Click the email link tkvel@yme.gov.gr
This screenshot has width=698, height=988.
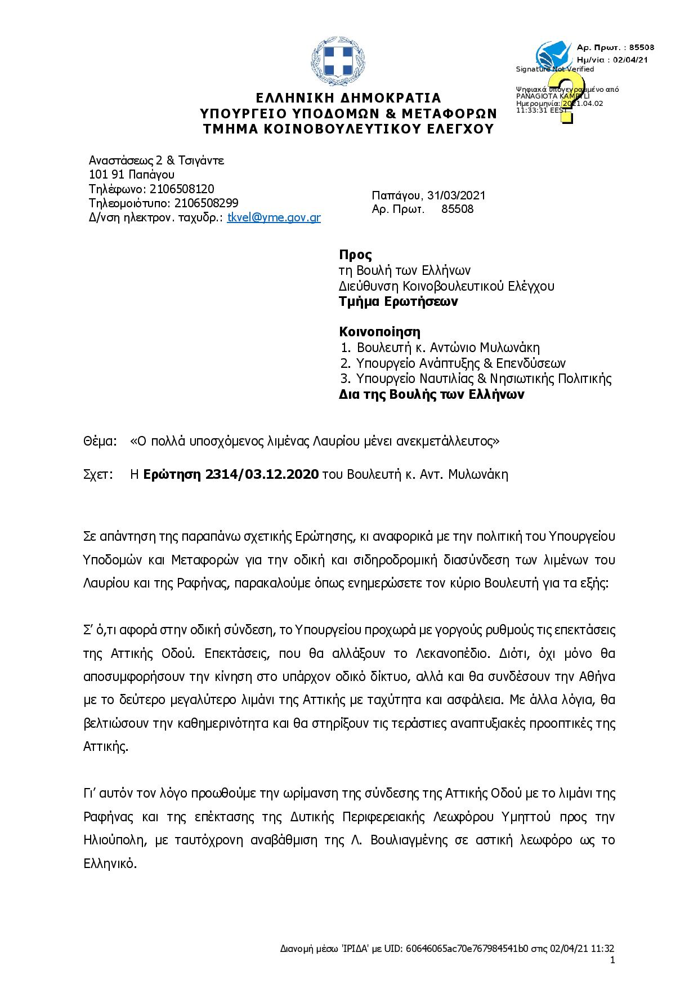pos(274,218)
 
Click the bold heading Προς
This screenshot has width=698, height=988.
pos(355,255)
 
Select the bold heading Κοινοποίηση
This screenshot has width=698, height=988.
pos(379,332)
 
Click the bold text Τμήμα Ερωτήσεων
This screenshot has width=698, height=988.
pos(398,301)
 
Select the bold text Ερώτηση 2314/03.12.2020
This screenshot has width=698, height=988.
pos(231,474)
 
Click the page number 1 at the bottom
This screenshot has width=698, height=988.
pos(612,960)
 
